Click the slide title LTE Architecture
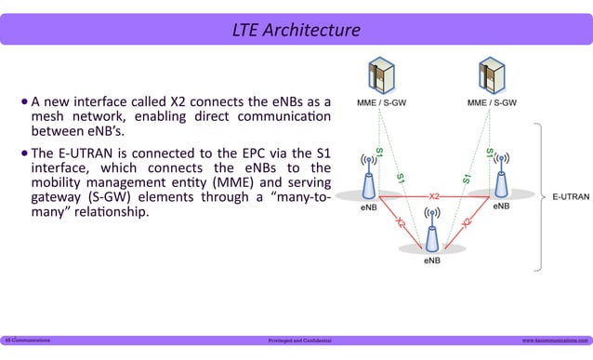click(296, 32)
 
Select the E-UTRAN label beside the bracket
click(569, 197)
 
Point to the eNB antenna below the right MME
click(502, 178)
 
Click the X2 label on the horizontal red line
click(434, 196)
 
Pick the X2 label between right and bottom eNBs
click(467, 220)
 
